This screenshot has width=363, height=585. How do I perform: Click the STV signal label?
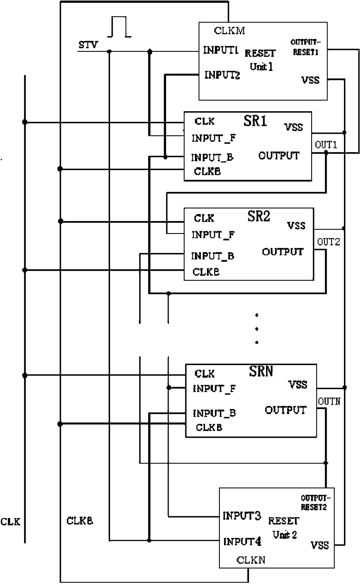click(88, 45)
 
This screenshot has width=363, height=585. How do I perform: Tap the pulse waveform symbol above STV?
click(119, 27)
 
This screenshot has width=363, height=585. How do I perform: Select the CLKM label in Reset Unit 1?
click(230, 30)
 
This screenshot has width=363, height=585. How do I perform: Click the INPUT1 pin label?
click(221, 50)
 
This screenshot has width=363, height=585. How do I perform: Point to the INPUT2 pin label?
click(222, 75)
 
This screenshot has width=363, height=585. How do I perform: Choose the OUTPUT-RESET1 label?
click(306, 47)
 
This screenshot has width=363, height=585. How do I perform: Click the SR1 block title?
click(255, 121)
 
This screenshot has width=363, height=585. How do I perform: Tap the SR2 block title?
click(259, 216)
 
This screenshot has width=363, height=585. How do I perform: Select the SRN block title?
click(261, 371)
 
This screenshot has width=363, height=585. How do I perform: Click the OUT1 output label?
click(326, 145)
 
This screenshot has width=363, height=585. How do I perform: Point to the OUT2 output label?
click(328, 242)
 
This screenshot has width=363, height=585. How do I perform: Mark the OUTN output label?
click(329, 401)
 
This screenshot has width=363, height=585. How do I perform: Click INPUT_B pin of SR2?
click(213, 256)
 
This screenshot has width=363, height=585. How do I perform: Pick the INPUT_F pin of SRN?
click(214, 389)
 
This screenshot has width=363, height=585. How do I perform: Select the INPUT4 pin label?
click(242, 541)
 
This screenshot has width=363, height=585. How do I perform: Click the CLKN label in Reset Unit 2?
click(251, 560)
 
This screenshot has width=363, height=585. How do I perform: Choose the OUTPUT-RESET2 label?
click(315, 502)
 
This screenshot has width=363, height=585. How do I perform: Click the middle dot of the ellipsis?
click(257, 329)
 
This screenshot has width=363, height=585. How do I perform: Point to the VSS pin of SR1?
click(294, 127)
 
